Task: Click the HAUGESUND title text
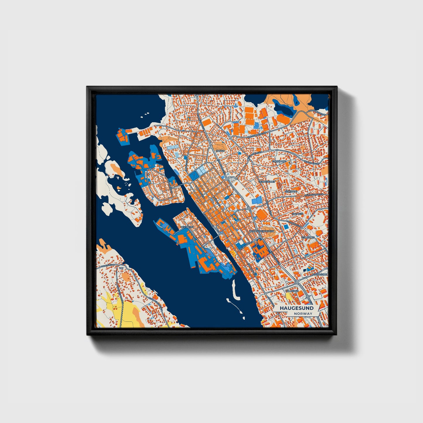click(x=296, y=308)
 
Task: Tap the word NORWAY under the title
click(x=303, y=314)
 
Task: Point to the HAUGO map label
click(x=220, y=151)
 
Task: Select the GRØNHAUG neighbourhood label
click(x=279, y=161)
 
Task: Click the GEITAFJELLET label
click(x=267, y=182)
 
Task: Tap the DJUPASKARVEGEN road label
click(x=314, y=195)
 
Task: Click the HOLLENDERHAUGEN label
click(x=262, y=231)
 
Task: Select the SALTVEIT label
click(x=293, y=214)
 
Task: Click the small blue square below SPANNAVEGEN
click(x=286, y=227)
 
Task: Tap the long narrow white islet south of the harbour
click(x=234, y=288)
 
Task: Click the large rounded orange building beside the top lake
click(x=283, y=119)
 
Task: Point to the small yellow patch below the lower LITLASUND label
click(x=289, y=298)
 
